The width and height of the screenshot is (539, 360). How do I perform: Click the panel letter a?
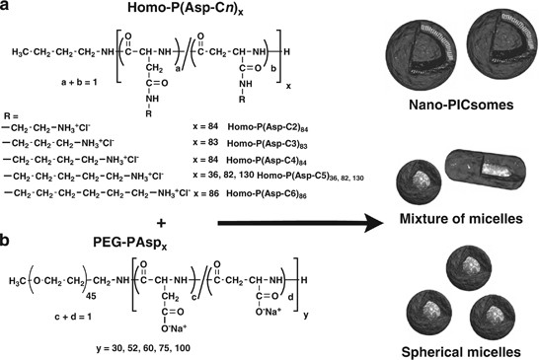pyautogui.click(x=9, y=10)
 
